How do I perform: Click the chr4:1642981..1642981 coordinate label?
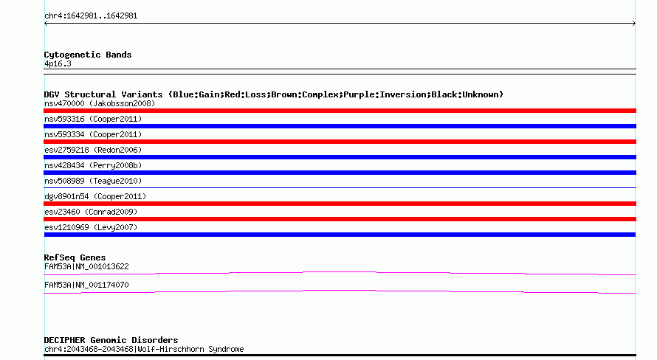pos(91,16)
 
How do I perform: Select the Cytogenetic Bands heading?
pos(88,55)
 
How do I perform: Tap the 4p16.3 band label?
pos(58,64)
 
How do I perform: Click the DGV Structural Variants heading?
pos(103,94)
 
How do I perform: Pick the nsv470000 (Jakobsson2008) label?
pos(100,103)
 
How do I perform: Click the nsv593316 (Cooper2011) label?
pos(93,119)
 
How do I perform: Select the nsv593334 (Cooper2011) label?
pos(93,134)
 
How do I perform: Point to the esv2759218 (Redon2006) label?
pos(93,150)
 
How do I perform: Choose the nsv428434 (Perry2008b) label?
pos(93,165)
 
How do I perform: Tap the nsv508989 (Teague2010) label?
pos(93,181)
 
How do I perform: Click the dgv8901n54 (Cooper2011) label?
pos(95,196)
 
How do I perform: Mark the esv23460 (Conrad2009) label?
pos(91,212)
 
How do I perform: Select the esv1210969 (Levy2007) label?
pos(91,227)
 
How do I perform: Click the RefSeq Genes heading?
pos(75,258)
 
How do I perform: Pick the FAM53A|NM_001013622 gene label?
pos(86,266)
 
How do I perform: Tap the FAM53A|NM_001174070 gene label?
pos(86,285)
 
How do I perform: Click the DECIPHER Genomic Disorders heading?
pos(111,340)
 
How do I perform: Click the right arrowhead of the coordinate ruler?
pos(634,24)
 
